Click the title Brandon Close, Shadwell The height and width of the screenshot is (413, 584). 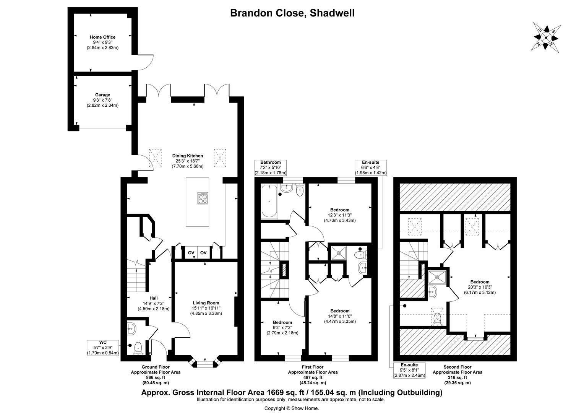292,13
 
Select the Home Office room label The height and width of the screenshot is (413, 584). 102,37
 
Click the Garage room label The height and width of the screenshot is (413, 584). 102,95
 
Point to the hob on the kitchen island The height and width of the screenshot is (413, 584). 203,198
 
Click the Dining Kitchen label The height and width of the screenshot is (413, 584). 187,156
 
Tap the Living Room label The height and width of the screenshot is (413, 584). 206,303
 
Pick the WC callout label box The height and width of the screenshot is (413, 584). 103,348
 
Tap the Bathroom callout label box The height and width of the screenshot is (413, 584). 271,167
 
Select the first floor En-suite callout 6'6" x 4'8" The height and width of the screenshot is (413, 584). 371,167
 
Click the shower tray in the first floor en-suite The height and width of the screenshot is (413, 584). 338,252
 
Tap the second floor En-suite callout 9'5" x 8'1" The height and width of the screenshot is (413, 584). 409,370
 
